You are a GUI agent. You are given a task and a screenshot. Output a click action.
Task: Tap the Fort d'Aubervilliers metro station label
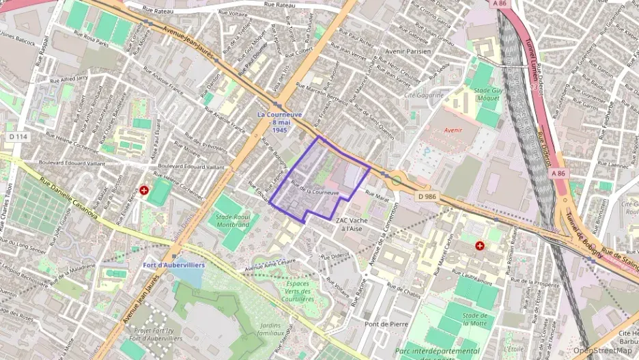[173, 264]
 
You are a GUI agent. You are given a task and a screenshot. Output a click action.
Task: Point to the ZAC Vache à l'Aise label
[352, 224]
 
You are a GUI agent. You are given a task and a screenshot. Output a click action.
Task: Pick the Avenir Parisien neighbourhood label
[408, 51]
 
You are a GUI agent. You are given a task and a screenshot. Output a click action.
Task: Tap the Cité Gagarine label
[424, 95]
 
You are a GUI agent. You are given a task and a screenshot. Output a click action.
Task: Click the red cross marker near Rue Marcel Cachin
[480, 245]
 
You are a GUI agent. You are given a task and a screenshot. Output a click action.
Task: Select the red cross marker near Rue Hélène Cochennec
[144, 191]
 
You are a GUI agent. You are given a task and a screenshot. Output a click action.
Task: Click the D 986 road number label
[425, 195]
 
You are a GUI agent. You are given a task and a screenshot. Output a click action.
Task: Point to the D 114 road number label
[18, 137]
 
